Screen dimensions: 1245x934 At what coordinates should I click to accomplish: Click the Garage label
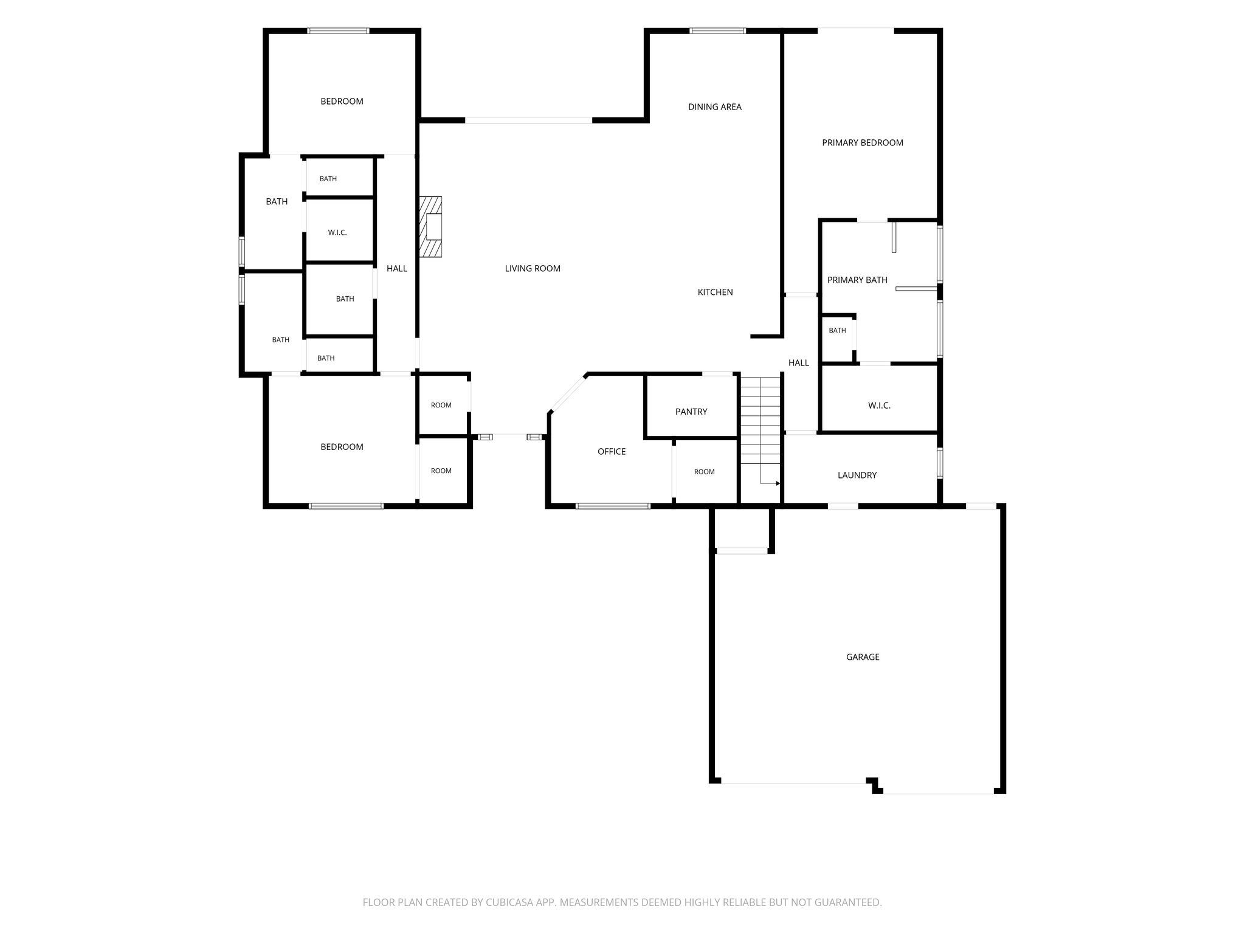click(863, 657)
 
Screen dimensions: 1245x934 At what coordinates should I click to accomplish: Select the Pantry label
click(691, 412)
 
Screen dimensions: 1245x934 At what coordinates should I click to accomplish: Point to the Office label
click(612, 451)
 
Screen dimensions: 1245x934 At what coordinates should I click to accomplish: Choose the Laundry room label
click(857, 475)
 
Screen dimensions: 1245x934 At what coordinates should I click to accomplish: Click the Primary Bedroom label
click(863, 142)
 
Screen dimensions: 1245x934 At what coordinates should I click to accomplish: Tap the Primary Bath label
click(857, 280)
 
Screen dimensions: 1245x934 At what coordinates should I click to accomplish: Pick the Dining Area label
click(715, 106)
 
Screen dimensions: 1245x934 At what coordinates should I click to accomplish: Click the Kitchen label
click(715, 292)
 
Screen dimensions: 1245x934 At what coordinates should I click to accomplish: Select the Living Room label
click(533, 268)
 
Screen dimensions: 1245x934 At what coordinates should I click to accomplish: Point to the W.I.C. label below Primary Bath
click(879, 406)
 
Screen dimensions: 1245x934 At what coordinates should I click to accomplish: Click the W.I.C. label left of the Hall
click(337, 232)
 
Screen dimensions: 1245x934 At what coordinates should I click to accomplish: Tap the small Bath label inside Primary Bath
click(837, 330)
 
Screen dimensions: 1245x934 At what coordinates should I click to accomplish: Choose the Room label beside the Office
click(705, 471)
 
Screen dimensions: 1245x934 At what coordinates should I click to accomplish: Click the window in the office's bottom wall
click(613, 506)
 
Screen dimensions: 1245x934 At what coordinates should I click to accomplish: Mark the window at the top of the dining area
click(717, 30)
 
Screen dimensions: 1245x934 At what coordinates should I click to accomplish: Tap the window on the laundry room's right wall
click(940, 463)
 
